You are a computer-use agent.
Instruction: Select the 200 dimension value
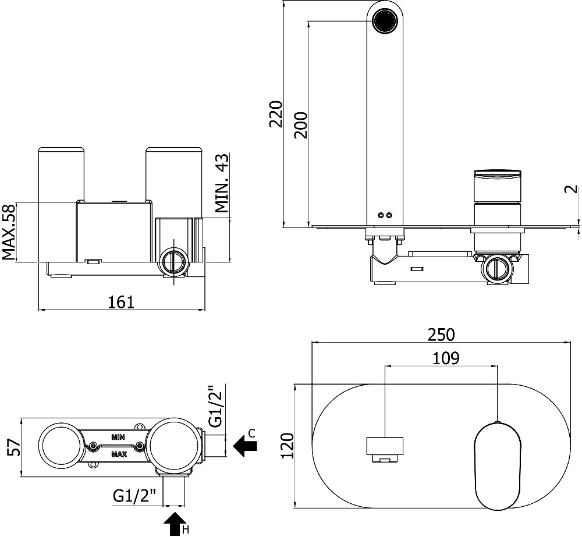point(300,124)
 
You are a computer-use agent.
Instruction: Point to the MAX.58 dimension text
point(8,232)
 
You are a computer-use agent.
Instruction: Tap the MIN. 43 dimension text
point(222,184)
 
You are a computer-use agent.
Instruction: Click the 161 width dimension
point(121,302)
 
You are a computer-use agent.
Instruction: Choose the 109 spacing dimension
point(446,358)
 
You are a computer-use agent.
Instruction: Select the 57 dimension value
point(13,447)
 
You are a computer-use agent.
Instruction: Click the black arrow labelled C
point(246,446)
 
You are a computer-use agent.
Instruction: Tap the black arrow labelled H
point(174,524)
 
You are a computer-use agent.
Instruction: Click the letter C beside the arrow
point(251,432)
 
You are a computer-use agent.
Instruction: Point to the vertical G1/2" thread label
point(216,406)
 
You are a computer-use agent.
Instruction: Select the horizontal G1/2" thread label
point(135,496)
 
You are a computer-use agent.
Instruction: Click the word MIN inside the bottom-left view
point(119,435)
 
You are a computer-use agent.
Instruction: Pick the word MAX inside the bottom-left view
point(119,454)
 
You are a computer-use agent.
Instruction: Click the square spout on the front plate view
point(384,447)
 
